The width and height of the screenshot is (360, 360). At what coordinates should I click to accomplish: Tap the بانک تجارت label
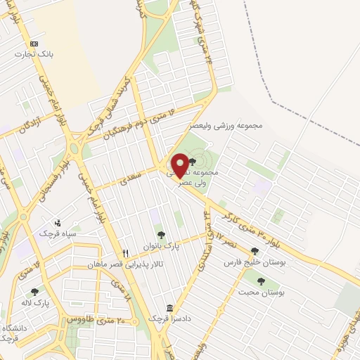click(37, 53)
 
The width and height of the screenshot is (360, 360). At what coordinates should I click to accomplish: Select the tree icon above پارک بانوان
click(161, 235)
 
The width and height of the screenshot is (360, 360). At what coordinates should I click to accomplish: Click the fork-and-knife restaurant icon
click(125, 254)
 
